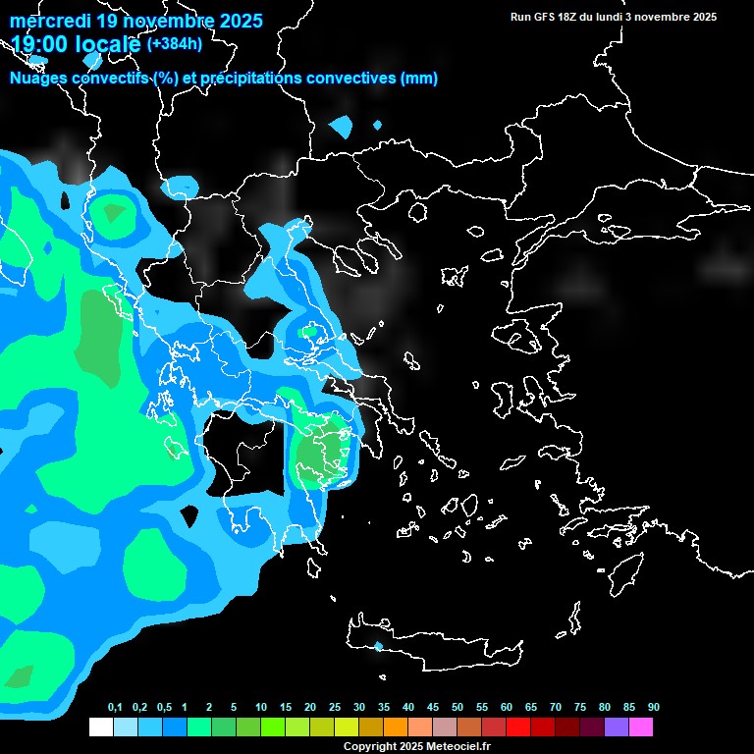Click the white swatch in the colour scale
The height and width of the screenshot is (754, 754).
(x=100, y=727)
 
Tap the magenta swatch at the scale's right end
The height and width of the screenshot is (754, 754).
(x=641, y=727)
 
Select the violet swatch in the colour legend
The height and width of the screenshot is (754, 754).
(x=617, y=727)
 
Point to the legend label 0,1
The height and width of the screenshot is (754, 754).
(x=115, y=708)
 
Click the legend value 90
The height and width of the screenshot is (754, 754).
(x=653, y=708)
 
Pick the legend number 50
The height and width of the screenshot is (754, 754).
(x=458, y=708)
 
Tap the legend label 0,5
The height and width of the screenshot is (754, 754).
(x=164, y=708)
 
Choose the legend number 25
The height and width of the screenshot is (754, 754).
(x=335, y=708)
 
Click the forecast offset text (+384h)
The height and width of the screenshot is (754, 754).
(x=175, y=44)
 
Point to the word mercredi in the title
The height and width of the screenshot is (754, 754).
(x=50, y=20)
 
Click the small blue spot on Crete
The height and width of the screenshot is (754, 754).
(x=378, y=646)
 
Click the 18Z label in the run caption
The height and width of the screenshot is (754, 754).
(x=568, y=17)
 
